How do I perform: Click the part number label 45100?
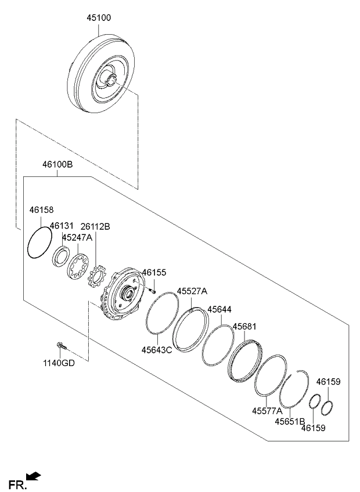[x=99, y=18]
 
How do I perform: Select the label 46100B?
[x=57, y=164]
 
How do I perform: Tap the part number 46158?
[x=41, y=210]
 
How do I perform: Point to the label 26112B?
[x=95, y=226]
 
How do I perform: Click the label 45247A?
[x=77, y=237]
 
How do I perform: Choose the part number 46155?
[x=154, y=272]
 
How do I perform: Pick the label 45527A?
[x=192, y=291]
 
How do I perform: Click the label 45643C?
[x=157, y=350]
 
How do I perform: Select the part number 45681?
[x=244, y=326]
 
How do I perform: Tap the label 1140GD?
[x=59, y=363]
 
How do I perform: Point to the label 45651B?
[x=290, y=421]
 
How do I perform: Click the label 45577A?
[x=267, y=411]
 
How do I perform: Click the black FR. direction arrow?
[x=34, y=476]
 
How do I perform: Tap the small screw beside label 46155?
[x=153, y=291]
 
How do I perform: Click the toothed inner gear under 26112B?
[x=98, y=276]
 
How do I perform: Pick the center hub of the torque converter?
[x=111, y=78]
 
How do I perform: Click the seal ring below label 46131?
[x=60, y=256]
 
